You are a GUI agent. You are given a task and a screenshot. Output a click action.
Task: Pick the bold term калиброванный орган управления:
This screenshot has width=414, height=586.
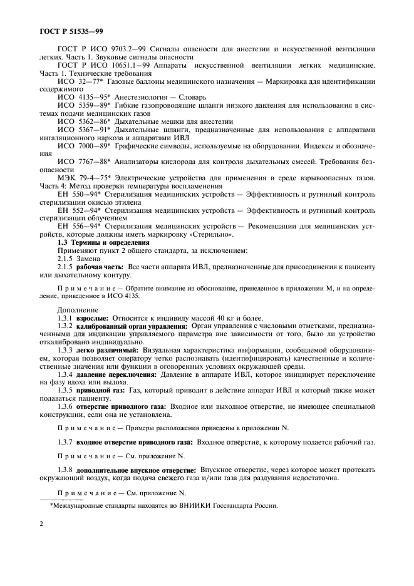(132, 326)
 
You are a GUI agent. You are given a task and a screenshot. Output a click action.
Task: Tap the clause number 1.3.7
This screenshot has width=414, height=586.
(66, 442)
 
